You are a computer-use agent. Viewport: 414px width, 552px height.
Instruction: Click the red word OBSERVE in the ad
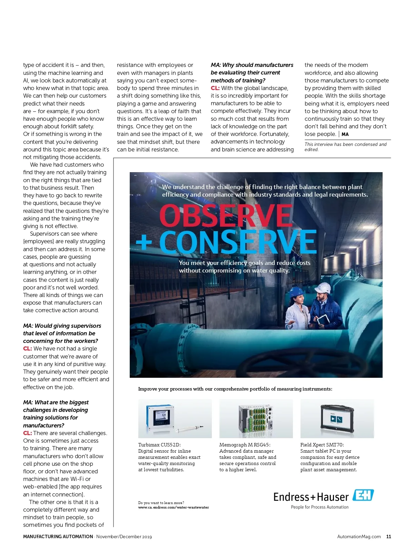click(226, 215)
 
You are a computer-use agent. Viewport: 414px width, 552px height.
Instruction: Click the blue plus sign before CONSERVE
click(144, 242)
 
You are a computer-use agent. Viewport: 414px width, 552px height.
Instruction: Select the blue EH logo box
click(363, 495)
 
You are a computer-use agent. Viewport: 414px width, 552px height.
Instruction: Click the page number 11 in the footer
click(388, 536)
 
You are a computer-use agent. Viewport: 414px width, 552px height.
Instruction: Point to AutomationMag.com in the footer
click(359, 536)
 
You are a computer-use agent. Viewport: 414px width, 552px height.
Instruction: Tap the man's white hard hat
click(323, 287)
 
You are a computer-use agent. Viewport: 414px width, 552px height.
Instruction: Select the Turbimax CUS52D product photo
click(175, 418)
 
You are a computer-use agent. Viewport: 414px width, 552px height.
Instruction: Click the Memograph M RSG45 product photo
click(256, 418)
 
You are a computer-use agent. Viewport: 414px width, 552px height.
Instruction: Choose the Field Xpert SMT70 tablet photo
click(337, 418)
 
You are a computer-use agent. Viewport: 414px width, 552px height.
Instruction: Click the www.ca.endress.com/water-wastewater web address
click(174, 507)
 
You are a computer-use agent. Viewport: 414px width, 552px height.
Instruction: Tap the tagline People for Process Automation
click(320, 507)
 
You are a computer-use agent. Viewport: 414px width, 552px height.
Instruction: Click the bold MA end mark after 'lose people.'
click(345, 135)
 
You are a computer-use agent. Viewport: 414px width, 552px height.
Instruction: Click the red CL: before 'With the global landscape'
click(215, 88)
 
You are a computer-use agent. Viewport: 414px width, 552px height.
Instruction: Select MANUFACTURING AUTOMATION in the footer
click(58, 536)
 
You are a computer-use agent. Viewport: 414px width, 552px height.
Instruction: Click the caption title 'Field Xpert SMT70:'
click(322, 445)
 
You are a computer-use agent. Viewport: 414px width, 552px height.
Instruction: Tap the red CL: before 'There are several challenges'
click(28, 433)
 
